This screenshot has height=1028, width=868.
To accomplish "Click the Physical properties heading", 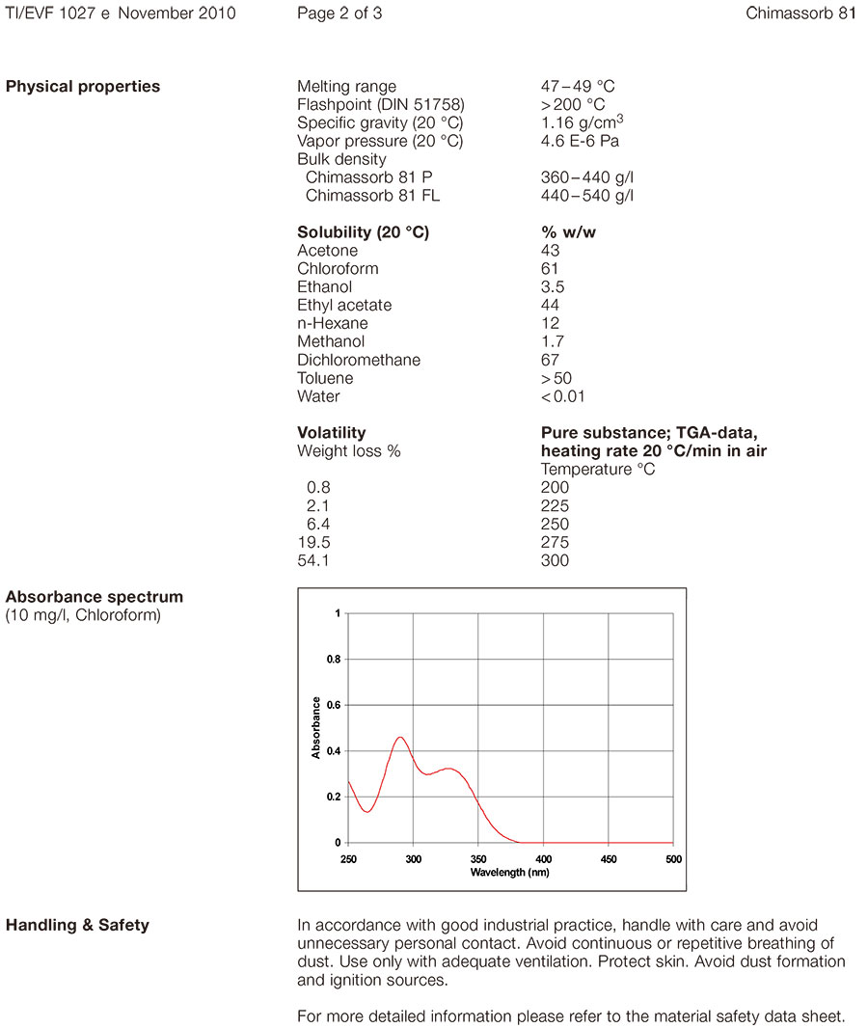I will click(83, 87).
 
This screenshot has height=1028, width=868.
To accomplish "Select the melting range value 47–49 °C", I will click(578, 87).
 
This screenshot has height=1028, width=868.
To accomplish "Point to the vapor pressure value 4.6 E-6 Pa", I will click(580, 142).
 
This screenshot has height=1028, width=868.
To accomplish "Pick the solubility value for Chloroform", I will click(550, 269).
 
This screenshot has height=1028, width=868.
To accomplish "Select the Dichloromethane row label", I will click(359, 361).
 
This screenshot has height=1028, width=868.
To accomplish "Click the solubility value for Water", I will click(562, 397).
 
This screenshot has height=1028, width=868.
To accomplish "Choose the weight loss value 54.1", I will click(312, 561).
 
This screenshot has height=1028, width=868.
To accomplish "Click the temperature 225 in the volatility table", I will click(555, 506).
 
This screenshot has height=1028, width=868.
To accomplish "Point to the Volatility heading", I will click(332, 433).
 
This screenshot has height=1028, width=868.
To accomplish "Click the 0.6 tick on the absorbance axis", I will click(333, 705).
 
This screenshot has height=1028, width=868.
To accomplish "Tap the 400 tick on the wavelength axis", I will click(543, 858).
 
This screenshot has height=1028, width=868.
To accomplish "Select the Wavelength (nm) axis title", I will click(510, 872).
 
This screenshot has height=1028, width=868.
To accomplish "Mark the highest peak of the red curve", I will click(400, 738).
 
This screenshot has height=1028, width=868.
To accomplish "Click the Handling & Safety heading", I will click(78, 926).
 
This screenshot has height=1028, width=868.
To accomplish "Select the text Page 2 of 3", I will click(339, 14).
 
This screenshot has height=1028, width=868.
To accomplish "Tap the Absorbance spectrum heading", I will click(95, 597).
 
